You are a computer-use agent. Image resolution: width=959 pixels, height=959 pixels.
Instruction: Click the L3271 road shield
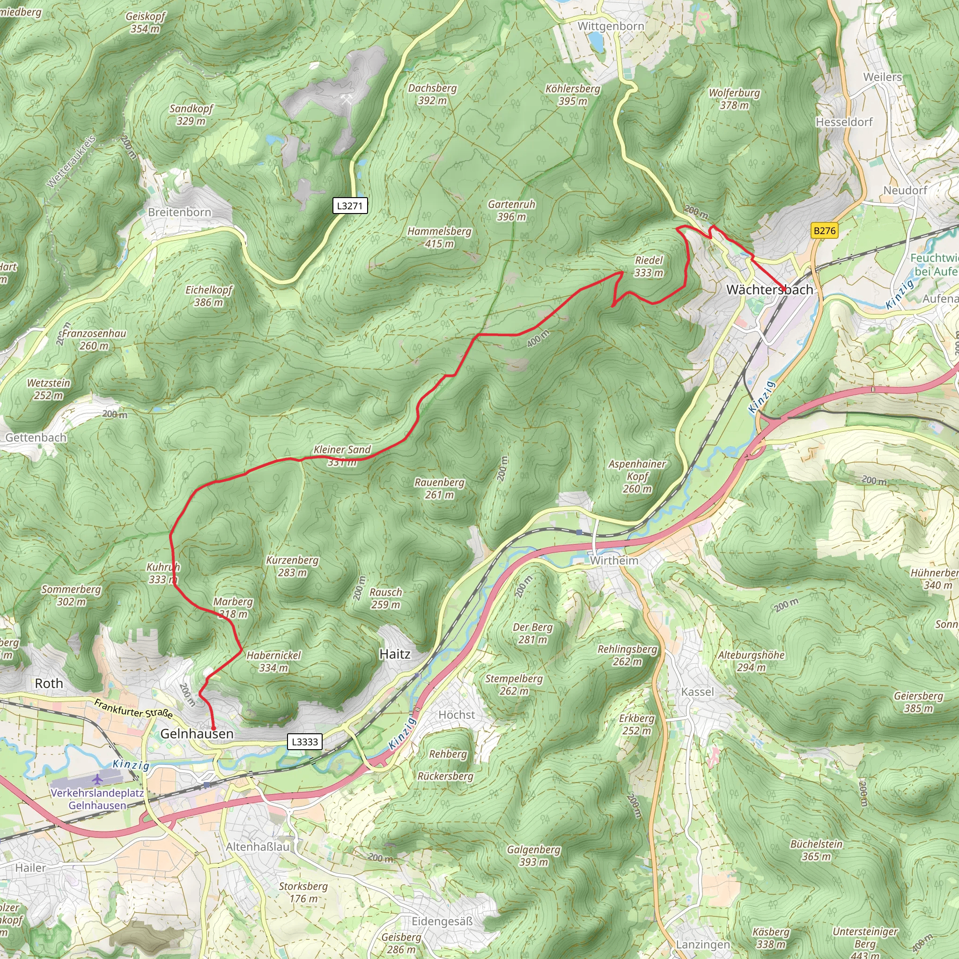point(350,206)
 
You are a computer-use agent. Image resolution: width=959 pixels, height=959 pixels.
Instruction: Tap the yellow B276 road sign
point(825,230)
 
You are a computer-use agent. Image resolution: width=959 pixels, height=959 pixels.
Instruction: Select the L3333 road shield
point(305,742)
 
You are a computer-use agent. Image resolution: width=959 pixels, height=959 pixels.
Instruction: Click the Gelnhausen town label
point(197,734)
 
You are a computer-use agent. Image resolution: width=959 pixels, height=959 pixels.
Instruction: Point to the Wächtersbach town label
point(769,290)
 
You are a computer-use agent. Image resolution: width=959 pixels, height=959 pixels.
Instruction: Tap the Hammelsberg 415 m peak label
point(439,237)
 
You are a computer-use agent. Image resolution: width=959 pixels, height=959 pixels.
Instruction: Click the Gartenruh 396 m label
point(511,210)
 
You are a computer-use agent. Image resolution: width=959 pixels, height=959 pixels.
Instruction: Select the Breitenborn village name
point(180,213)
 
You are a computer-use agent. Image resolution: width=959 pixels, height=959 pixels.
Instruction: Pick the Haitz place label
point(395,654)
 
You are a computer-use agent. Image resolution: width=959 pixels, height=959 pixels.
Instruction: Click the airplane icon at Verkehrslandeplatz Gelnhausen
point(98,779)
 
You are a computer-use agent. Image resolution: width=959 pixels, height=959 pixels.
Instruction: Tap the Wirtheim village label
point(614,561)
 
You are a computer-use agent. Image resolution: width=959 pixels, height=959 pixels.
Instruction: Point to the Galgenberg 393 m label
point(534,855)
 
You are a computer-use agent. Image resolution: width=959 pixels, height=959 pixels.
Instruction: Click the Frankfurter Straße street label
point(133,709)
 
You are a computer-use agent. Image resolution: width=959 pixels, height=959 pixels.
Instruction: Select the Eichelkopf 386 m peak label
point(208,296)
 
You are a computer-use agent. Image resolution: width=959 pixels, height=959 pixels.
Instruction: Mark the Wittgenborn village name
point(611,26)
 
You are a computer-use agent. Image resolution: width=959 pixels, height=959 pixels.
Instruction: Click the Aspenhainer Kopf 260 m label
point(637,476)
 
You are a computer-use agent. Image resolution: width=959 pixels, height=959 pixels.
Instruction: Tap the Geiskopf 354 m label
point(146,22)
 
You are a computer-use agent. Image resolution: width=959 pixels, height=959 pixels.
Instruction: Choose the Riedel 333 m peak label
point(649,266)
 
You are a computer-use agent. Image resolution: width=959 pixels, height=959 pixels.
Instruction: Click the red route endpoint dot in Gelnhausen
point(214,729)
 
